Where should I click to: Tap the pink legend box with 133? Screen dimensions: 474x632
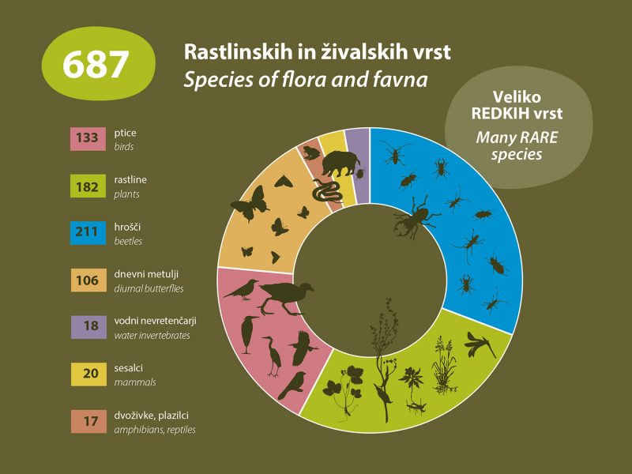point(87,138)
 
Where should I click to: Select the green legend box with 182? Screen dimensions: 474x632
point(87,186)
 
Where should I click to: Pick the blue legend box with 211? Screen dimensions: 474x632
point(87,232)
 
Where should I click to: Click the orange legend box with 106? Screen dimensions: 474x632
point(87,280)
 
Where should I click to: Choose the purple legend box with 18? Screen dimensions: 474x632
point(87,327)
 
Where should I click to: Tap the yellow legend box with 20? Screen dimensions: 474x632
point(87,374)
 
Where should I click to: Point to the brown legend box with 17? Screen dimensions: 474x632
point(87,421)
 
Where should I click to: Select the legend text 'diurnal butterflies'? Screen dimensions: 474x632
point(149,288)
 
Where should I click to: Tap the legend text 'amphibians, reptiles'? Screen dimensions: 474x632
point(155,430)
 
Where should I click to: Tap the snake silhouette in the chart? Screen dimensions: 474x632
point(325,192)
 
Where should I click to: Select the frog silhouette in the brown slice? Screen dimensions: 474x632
point(309,152)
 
